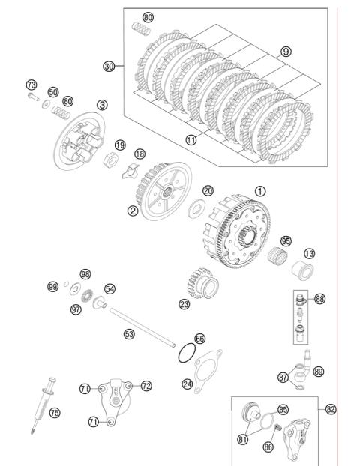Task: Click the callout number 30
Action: [109, 66]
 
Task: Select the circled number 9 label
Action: [286, 52]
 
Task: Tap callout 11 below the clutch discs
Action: [191, 139]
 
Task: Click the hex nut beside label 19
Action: [111, 159]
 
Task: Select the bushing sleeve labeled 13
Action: [302, 270]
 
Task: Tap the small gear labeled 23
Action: [202, 283]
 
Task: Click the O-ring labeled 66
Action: [187, 353]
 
